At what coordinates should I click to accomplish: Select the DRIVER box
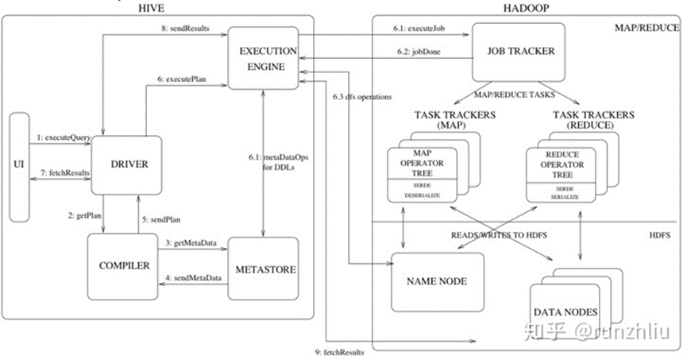[x=126, y=165]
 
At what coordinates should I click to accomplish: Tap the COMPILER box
[x=125, y=266]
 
